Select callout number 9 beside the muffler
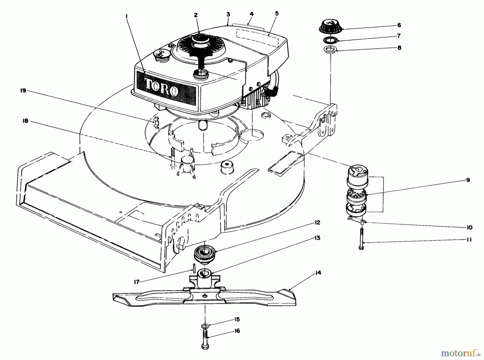(x=468, y=180)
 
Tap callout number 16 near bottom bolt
(x=237, y=331)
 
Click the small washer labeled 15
(x=205, y=326)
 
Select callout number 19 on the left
(x=23, y=91)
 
